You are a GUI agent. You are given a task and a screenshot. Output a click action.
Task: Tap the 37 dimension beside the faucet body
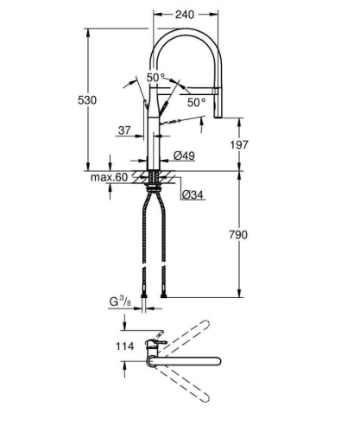tap(123, 131)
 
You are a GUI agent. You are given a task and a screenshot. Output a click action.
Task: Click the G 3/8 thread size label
tap(119, 302)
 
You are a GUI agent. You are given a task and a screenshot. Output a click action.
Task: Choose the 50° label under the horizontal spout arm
tap(197, 102)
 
